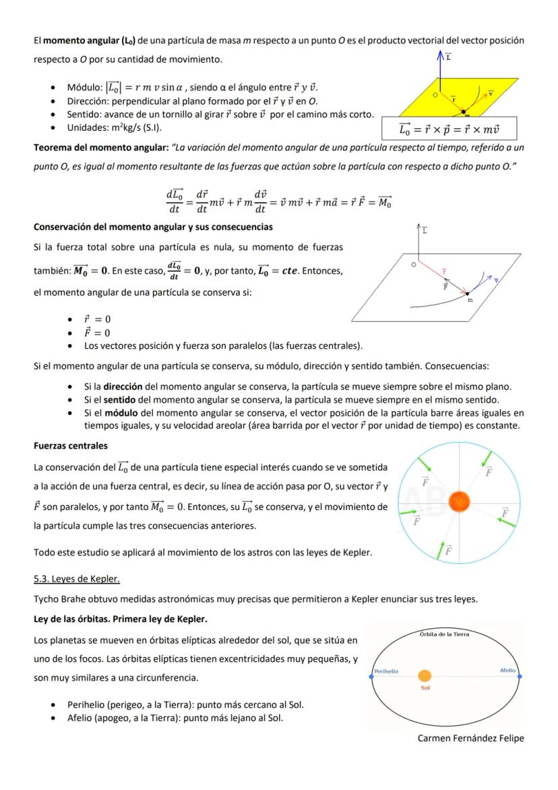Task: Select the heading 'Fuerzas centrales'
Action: [71, 446]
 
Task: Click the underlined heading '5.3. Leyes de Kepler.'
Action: [76, 579]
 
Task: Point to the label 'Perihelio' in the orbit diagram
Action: [386, 671]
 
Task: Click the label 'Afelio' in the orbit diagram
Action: [507, 671]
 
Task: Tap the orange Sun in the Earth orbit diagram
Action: [425, 676]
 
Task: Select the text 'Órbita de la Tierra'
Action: [444, 634]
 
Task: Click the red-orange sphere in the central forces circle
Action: [459, 501]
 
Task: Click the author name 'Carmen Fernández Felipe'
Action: [470, 738]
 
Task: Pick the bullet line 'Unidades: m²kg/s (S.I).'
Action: [115, 128]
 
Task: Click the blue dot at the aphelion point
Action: [519, 676]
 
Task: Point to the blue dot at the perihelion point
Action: [371, 676]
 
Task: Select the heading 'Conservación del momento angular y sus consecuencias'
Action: [153, 226]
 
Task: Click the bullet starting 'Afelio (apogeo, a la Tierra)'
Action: [175, 718]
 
